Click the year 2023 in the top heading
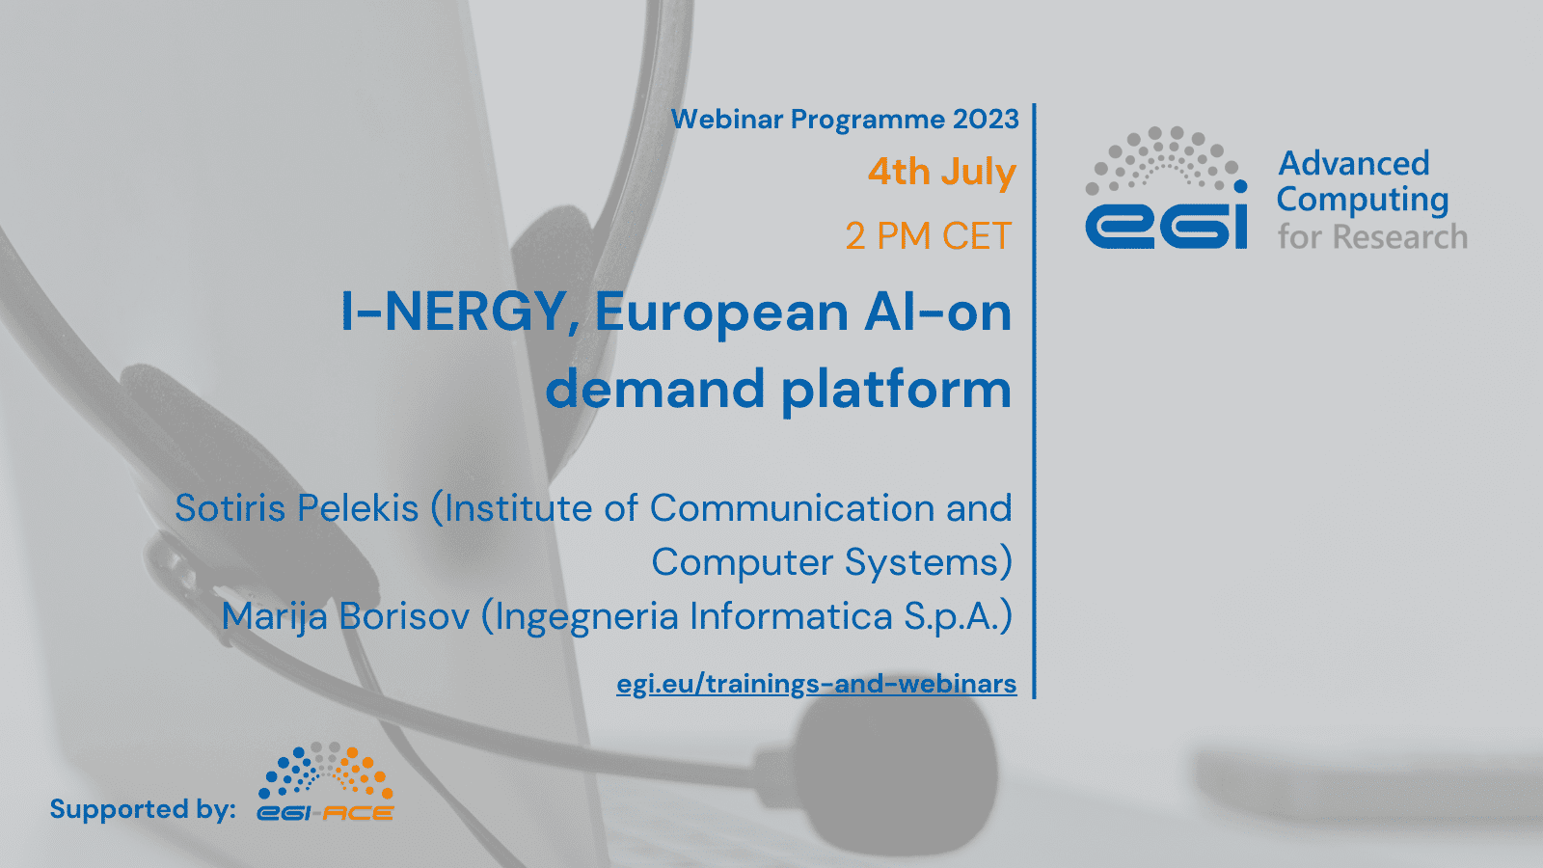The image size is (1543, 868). coord(986,120)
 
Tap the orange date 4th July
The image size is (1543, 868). coord(941,171)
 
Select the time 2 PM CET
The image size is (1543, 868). coord(929,235)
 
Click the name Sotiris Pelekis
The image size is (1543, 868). coord(297,508)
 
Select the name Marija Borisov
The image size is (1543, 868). coord(346,616)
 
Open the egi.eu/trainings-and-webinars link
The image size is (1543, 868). coord(816,684)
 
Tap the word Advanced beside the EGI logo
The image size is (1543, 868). coord(1354,163)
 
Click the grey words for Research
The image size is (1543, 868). coord(1373,236)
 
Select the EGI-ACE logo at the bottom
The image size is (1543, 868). coord(325,782)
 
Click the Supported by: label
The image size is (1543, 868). coord(143,809)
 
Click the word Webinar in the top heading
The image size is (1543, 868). coord(727,120)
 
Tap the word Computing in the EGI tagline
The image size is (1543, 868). coord(1363,201)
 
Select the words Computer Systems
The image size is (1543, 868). coord(826,562)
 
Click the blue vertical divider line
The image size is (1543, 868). coord(1034,401)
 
